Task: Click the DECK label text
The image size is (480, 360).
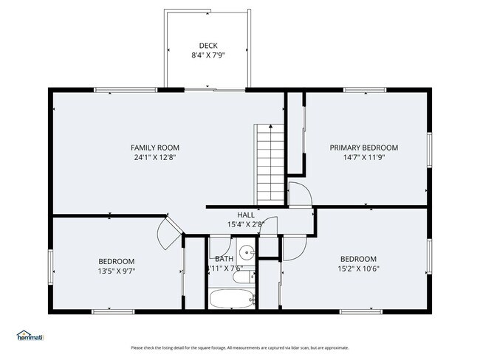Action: pos(208,45)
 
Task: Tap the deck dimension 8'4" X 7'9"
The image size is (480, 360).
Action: pos(208,55)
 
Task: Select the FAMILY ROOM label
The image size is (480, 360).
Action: pos(155,148)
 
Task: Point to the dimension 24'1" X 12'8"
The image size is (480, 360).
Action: pos(155,157)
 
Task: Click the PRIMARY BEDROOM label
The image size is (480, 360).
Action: pos(363,148)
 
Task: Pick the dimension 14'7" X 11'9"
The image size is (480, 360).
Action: pos(363,157)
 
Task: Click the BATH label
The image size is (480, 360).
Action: pos(224,259)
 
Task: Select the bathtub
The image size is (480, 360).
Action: pos(230,299)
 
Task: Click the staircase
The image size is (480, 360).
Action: pos(270,158)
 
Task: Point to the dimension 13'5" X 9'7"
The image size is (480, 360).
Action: pos(117,271)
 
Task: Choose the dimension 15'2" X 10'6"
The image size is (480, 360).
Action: pos(358,269)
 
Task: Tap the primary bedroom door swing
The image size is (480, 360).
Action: pos(299,194)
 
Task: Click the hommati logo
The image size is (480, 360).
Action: pos(30,336)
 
